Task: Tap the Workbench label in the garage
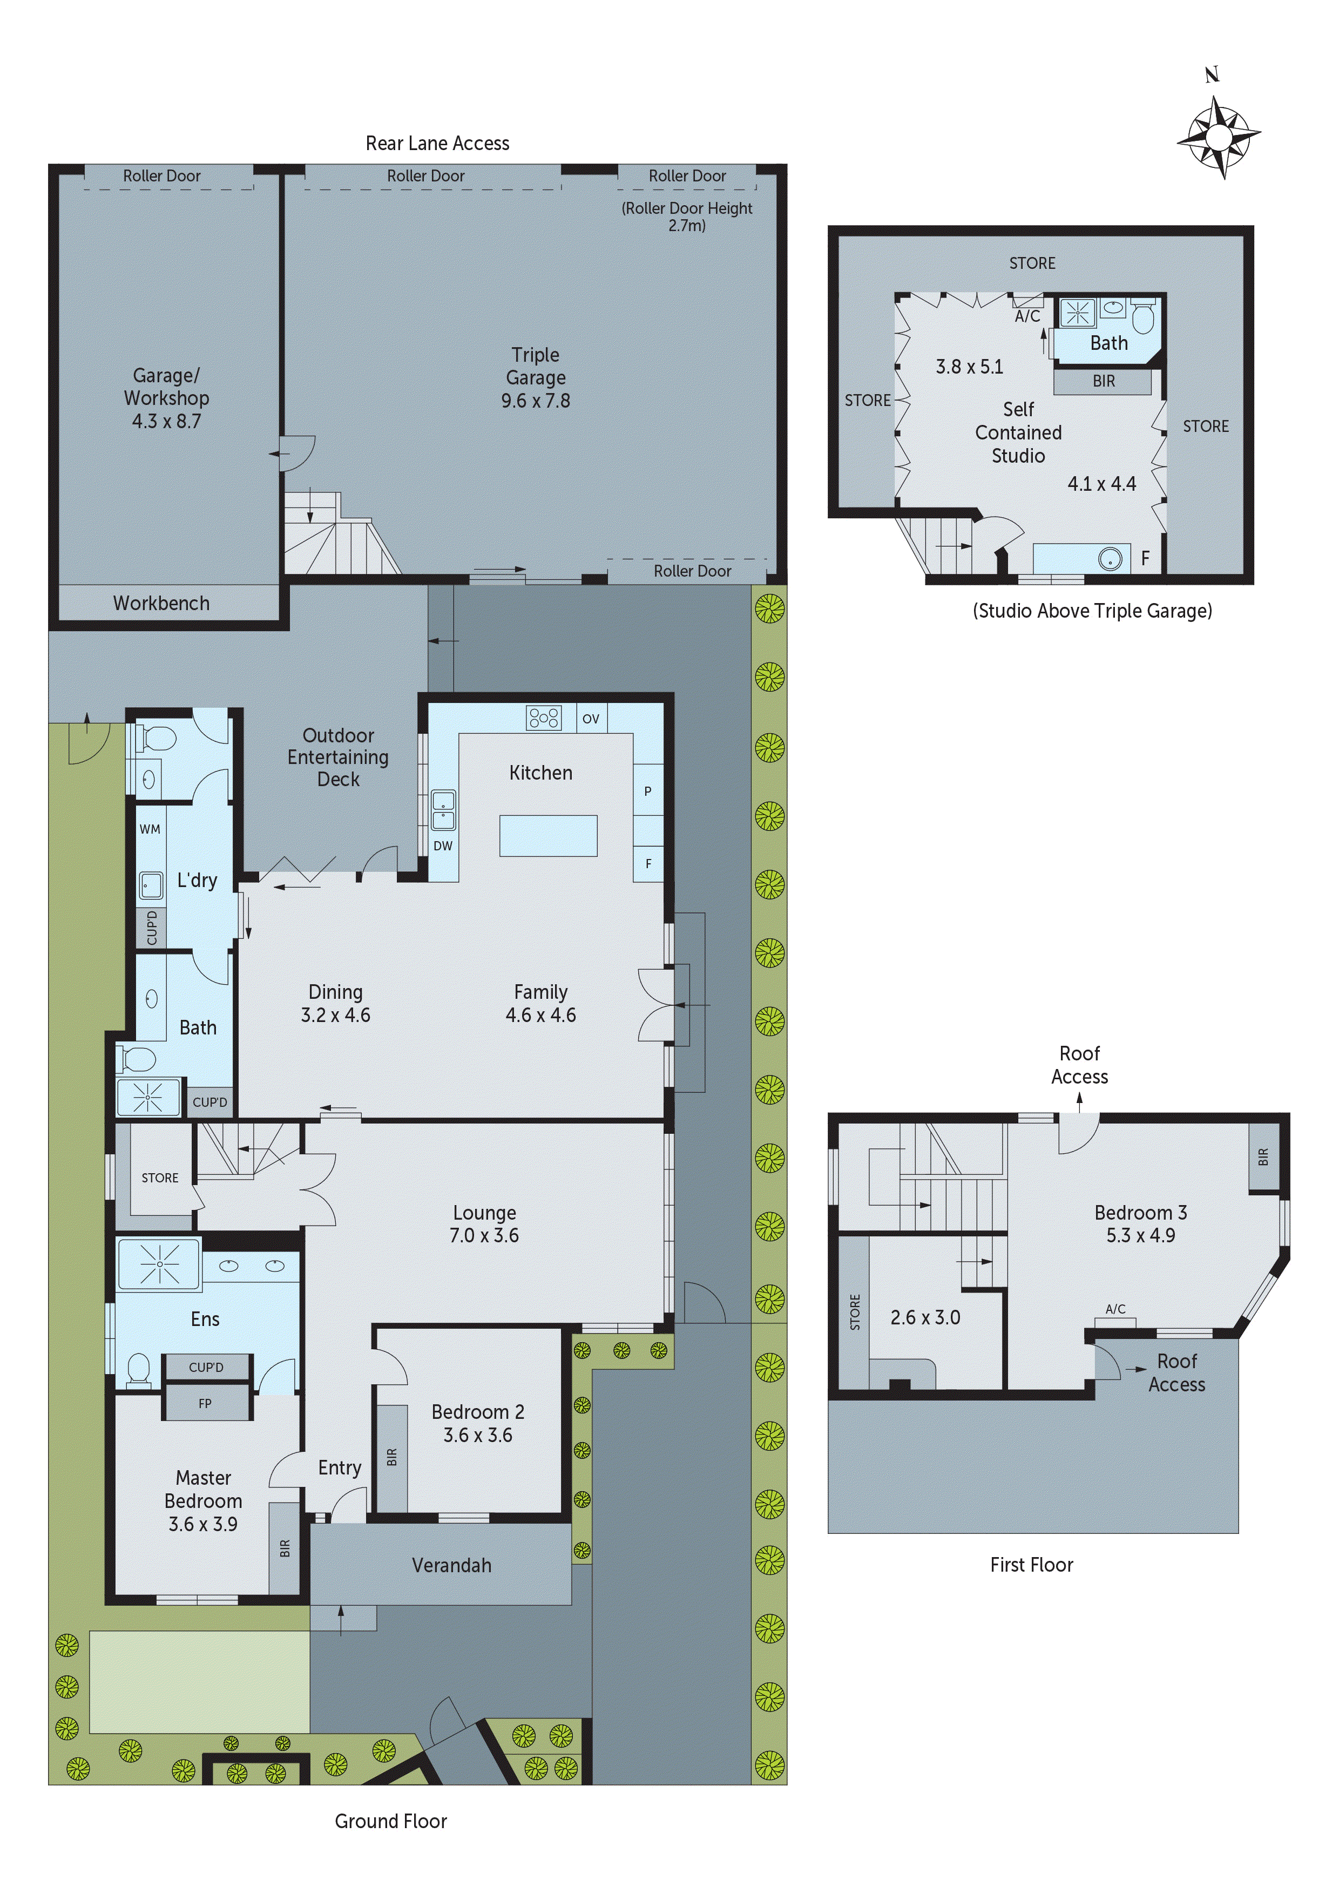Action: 161,603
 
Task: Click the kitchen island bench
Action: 548,836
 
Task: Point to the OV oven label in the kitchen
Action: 591,719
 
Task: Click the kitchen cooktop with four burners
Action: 544,718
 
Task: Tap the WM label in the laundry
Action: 150,829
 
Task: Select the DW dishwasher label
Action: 443,845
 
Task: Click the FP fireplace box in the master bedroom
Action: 205,1403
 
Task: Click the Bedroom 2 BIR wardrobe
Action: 392,1458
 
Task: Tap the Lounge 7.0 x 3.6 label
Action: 484,1224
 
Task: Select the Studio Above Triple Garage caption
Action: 1092,611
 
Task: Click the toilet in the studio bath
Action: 1142,317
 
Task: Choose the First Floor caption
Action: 1031,1565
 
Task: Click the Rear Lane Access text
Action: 437,144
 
